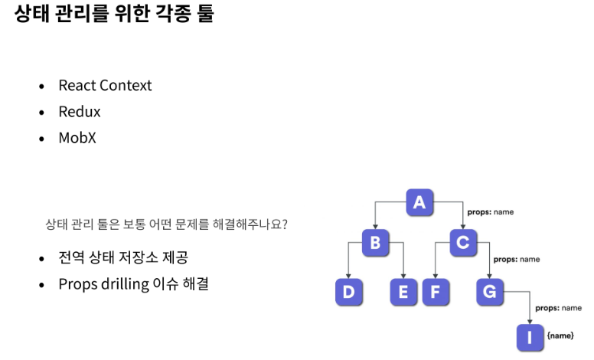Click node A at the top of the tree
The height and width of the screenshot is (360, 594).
(x=419, y=202)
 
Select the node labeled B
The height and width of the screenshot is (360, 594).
(x=375, y=244)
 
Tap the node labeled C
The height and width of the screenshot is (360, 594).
(x=462, y=244)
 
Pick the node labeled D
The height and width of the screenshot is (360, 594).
(x=349, y=292)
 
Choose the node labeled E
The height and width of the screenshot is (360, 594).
(x=403, y=292)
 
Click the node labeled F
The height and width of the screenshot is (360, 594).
(x=435, y=292)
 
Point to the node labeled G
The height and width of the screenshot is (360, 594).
(x=490, y=292)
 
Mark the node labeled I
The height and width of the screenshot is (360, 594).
(x=530, y=335)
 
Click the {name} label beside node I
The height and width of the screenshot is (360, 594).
(x=560, y=335)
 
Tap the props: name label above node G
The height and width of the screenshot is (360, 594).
(x=517, y=260)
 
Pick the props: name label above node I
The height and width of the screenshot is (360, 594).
(x=558, y=308)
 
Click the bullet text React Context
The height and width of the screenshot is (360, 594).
(x=105, y=85)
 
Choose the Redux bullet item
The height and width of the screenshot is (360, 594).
(x=80, y=112)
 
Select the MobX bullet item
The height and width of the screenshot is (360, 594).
(x=79, y=139)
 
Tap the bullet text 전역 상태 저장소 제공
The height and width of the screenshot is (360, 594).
(x=123, y=257)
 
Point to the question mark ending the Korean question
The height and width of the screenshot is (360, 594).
(x=285, y=225)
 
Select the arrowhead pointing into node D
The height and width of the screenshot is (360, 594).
(x=349, y=277)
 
